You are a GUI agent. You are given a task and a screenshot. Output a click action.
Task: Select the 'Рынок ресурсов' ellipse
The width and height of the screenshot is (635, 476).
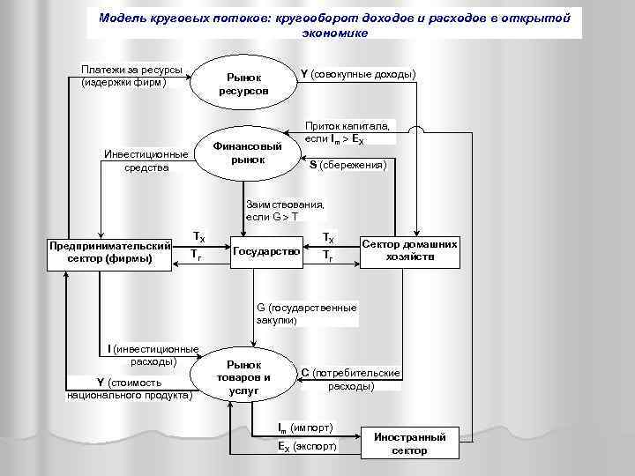(x=243, y=85)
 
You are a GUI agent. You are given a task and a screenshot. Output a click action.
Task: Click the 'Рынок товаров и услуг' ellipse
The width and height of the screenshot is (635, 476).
(x=243, y=377)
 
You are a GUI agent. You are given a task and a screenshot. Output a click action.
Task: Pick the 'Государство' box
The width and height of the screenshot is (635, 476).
(x=266, y=252)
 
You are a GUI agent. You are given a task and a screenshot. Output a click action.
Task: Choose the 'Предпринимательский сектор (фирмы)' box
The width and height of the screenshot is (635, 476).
(x=110, y=252)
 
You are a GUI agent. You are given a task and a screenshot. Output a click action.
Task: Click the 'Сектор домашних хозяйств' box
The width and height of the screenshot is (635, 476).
(x=409, y=250)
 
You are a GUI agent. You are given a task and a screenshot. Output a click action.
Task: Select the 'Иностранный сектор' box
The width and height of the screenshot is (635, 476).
(x=411, y=443)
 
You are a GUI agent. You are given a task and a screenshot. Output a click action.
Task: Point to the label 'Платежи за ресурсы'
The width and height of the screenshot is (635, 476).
(x=131, y=76)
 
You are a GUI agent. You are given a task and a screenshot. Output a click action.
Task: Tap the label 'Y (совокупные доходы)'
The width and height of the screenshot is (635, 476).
(x=359, y=75)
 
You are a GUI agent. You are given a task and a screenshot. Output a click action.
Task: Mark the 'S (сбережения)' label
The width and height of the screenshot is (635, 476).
(x=347, y=165)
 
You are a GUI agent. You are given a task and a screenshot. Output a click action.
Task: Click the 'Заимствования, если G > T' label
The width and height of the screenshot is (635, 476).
(x=285, y=210)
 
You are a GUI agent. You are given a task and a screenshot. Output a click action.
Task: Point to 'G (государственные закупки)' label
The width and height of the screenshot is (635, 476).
(x=306, y=314)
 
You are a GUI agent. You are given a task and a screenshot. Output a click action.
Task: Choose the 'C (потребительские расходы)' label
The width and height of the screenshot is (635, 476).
(x=351, y=380)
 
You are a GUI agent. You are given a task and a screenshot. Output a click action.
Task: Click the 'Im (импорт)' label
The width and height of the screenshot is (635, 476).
(x=305, y=428)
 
